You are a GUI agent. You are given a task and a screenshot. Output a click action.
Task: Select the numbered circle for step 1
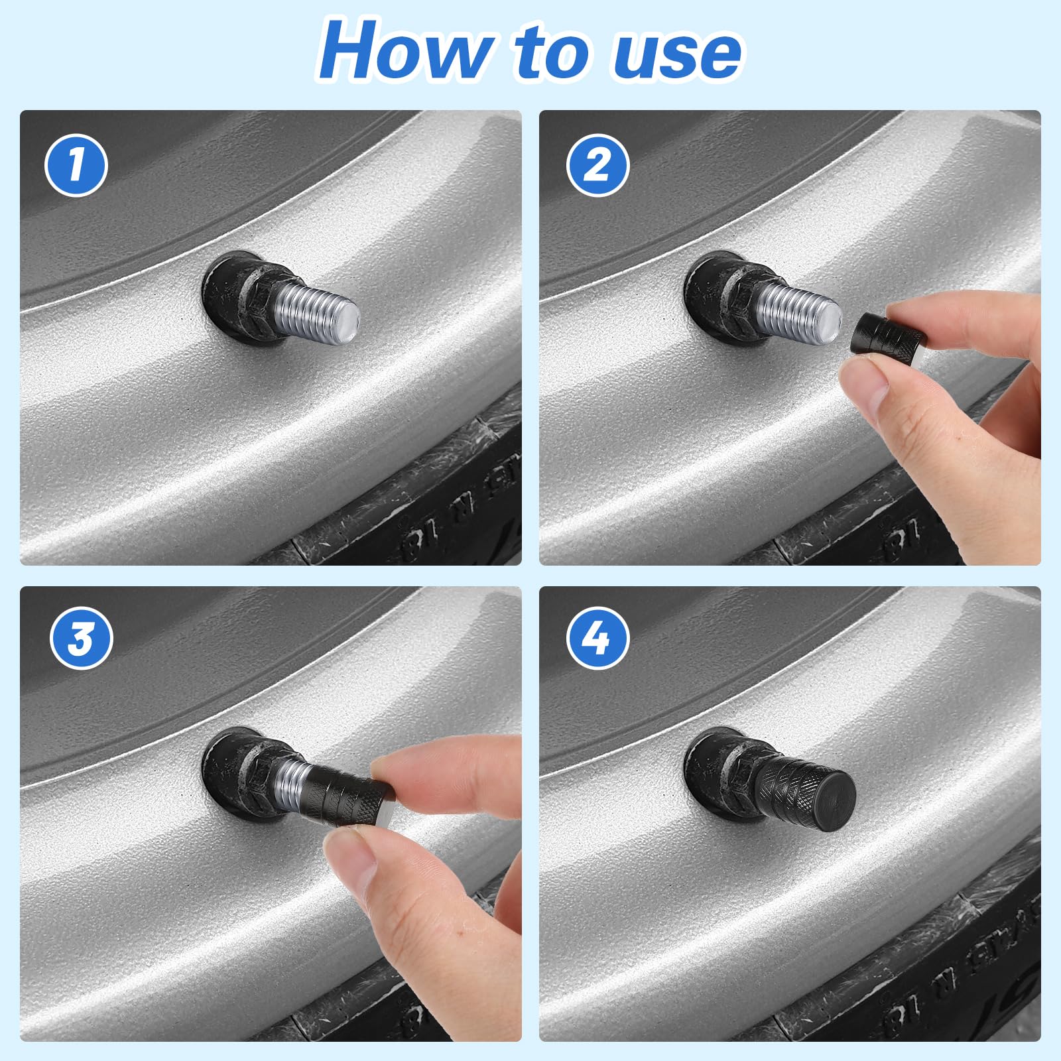[x=76, y=166]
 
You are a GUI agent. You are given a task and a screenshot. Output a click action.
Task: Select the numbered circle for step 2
[x=598, y=166]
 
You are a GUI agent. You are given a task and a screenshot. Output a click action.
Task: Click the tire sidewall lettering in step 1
[x=464, y=511]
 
